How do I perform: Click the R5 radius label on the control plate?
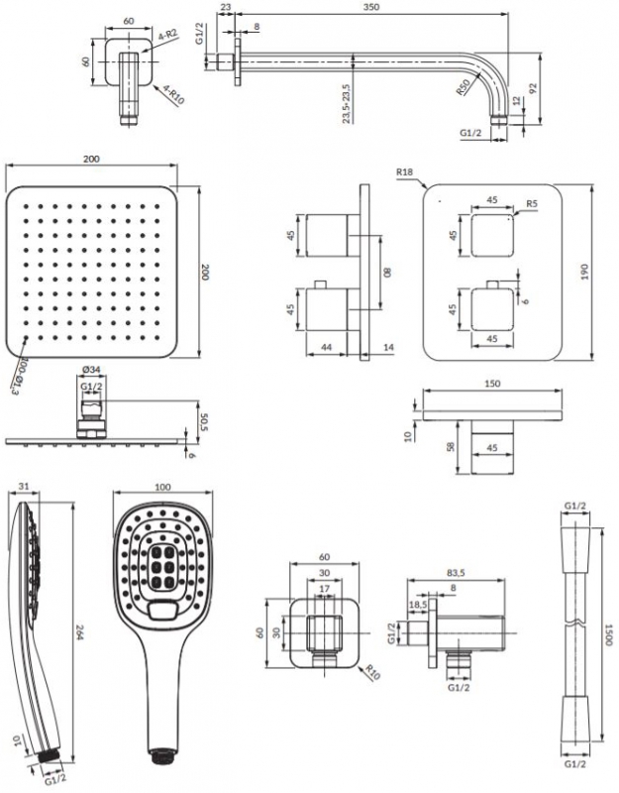(x=532, y=204)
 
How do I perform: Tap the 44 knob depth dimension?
(x=328, y=348)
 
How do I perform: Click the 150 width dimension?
(x=492, y=384)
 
